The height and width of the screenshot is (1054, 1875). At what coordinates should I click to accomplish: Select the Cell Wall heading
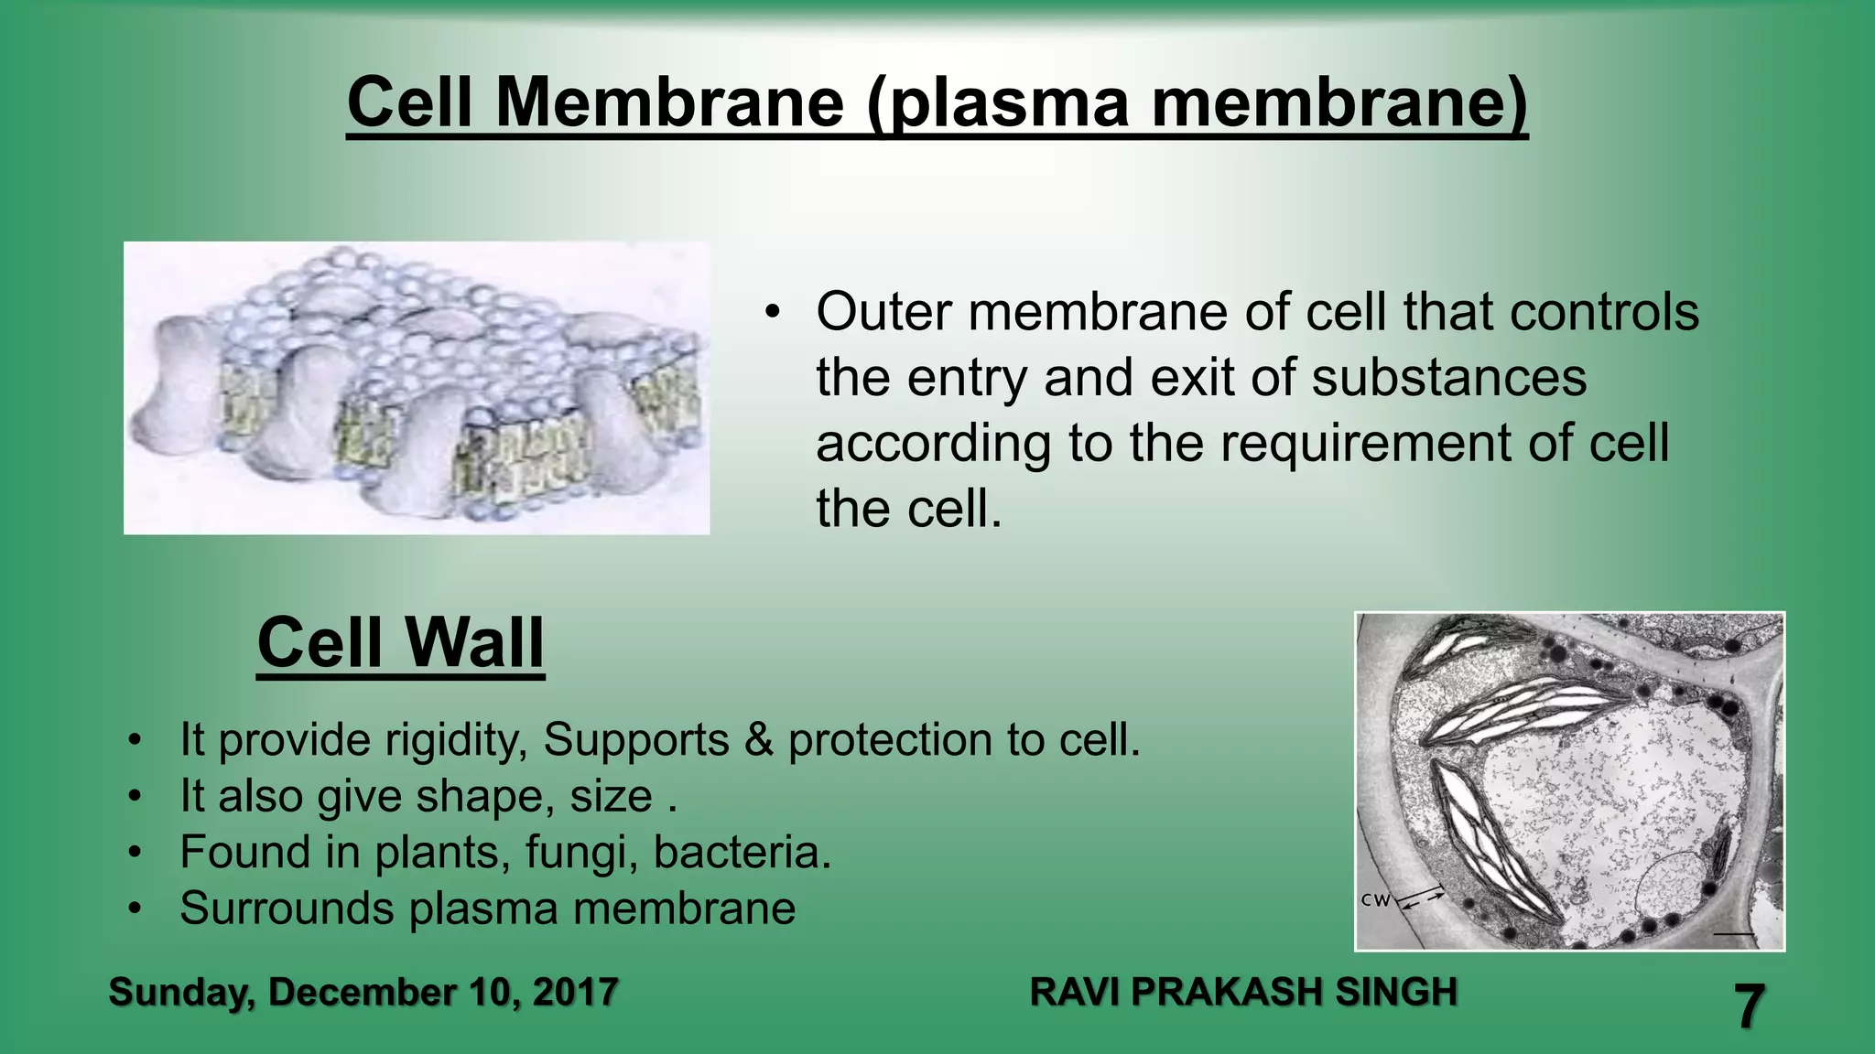point(400,642)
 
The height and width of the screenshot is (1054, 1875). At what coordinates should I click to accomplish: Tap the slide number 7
point(1749,1007)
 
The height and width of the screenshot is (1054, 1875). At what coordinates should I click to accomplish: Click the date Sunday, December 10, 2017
point(363,992)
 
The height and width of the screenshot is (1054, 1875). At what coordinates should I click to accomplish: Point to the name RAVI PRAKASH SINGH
point(1242,992)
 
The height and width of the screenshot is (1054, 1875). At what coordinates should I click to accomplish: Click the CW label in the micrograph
point(1374,900)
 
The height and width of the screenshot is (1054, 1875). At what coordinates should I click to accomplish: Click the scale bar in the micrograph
point(1733,934)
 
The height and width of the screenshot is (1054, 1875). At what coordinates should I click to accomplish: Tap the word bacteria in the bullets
point(740,852)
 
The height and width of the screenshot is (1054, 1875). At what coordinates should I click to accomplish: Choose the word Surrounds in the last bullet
point(286,909)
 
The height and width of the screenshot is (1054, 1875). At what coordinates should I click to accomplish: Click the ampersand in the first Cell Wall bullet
point(759,740)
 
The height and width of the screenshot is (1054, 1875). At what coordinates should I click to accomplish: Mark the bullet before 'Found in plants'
point(135,853)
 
